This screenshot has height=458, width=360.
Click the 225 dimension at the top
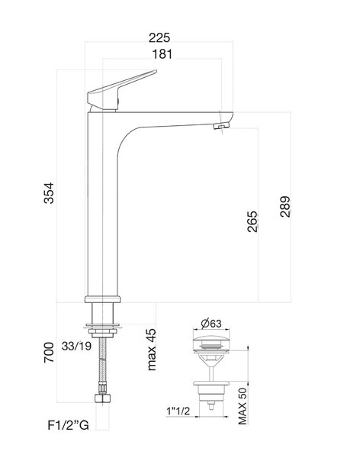159,37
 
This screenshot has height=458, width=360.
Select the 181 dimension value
162,54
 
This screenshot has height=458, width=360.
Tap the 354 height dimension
49,193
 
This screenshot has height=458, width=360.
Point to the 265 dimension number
253,221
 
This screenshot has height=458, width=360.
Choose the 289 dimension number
285,207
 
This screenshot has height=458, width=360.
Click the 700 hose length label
49,353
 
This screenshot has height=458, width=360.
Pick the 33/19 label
76,347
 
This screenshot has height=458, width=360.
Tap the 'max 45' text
152,350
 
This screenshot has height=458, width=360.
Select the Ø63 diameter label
211,324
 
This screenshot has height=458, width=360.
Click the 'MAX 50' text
243,406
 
